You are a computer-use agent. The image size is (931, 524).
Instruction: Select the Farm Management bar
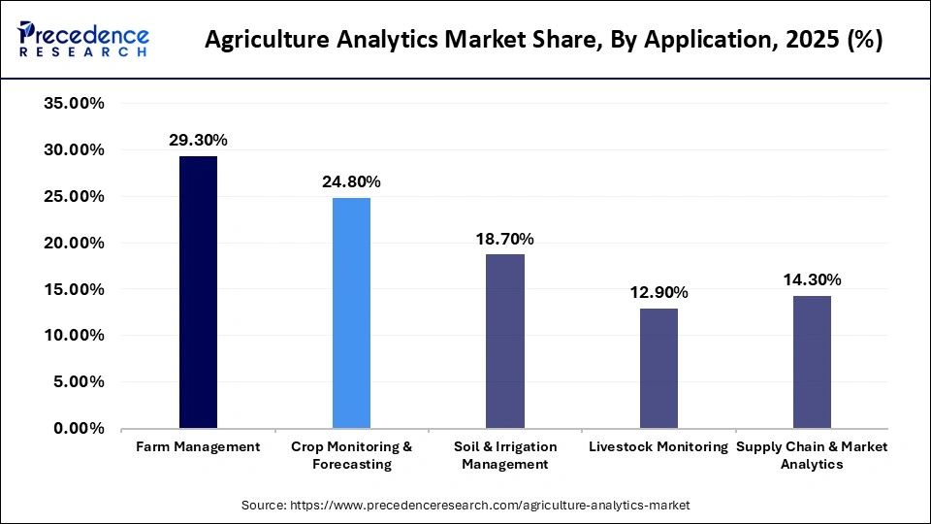coord(198,292)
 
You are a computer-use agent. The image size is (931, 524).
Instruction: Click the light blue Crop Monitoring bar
coord(351,312)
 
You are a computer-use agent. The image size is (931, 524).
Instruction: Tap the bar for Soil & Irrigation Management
coord(504,341)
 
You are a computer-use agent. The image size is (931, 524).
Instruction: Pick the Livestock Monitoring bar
coord(658,368)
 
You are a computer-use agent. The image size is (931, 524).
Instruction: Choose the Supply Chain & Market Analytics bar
coord(812,362)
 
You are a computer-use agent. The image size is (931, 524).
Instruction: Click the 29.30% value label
coord(198,141)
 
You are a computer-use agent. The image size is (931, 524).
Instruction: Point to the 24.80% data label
coord(351,181)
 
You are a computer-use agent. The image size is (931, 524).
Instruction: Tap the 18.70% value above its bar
coord(504,239)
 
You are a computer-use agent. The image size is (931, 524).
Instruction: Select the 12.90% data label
coord(658,292)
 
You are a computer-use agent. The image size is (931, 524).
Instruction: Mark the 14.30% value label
coord(812,279)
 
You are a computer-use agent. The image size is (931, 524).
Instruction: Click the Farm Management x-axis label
coord(198,447)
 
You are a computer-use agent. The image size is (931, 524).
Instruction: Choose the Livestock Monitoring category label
coord(658,447)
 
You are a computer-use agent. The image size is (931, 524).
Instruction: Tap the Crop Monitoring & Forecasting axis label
coord(351,455)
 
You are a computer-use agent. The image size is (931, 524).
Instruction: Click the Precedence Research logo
coord(83,40)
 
